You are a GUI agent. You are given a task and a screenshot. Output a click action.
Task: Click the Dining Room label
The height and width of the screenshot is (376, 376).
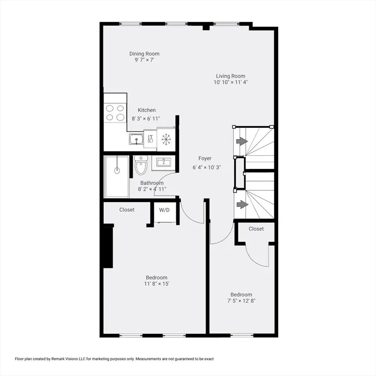click(x=144, y=54)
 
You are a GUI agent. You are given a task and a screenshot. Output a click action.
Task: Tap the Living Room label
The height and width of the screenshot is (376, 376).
click(x=231, y=76)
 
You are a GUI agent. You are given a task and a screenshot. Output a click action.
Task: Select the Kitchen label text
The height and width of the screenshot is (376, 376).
click(x=146, y=110)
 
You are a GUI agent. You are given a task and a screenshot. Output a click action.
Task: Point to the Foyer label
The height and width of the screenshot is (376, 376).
click(x=205, y=158)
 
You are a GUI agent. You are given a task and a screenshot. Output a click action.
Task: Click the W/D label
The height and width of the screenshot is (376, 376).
click(x=164, y=210)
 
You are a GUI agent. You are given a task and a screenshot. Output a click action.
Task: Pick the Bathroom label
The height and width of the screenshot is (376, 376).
click(x=152, y=183)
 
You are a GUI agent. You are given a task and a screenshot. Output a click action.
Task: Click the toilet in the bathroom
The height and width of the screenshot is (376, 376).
click(x=141, y=165)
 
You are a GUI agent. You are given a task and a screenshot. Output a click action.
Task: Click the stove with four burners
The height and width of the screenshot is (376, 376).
click(x=115, y=113)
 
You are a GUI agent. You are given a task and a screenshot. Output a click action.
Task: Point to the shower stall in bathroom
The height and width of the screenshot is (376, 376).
click(x=117, y=178)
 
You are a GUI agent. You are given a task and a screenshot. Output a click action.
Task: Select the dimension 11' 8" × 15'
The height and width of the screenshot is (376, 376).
click(x=156, y=284)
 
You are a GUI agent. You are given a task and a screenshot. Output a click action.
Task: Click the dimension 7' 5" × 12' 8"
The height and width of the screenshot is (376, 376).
click(x=241, y=301)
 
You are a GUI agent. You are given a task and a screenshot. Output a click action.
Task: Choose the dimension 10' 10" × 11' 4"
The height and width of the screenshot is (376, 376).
click(x=231, y=82)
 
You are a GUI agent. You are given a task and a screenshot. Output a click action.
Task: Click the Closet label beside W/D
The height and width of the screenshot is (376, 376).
click(x=127, y=210)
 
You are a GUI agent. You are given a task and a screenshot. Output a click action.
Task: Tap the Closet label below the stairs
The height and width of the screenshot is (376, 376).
click(x=256, y=229)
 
